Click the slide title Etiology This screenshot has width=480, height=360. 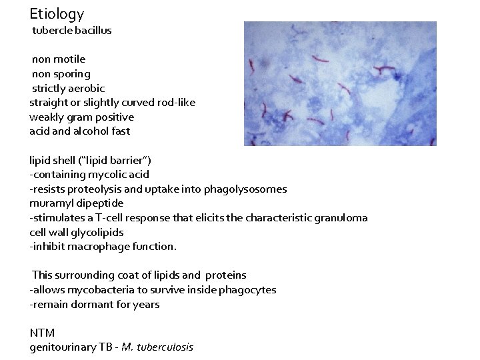tap(57, 13)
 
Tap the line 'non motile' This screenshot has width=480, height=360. tap(59, 59)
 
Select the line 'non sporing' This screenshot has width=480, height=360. tap(61, 74)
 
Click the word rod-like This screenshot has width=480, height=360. tap(174, 103)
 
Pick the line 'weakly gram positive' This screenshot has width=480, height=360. tap(81, 117)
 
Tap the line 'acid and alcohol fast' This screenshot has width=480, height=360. tap(79, 131)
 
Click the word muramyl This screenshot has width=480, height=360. tap(50, 203)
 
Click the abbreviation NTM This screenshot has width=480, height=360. tap(42, 333)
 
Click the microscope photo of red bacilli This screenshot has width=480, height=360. tap(340, 83)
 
